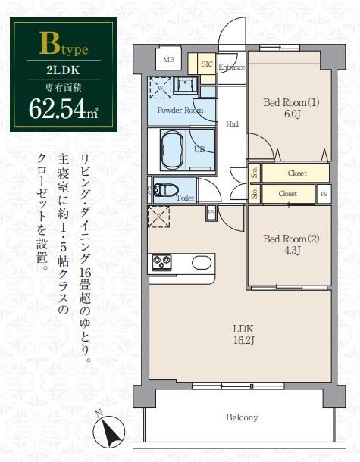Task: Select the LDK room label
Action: (x=242, y=334)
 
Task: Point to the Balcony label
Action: (x=241, y=417)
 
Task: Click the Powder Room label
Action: (x=180, y=111)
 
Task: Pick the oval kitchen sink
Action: (x=202, y=263)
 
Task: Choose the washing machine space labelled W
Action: (x=161, y=86)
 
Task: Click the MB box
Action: (x=168, y=59)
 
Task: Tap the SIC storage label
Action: (x=206, y=64)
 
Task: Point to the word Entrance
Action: (x=231, y=67)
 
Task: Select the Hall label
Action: (x=232, y=124)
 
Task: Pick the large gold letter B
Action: (x=49, y=44)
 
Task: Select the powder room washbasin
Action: (x=184, y=86)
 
